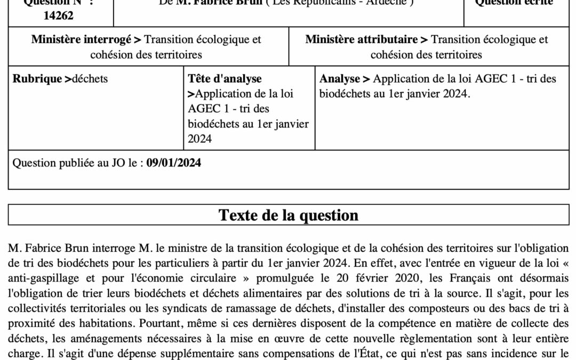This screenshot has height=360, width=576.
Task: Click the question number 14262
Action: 59,15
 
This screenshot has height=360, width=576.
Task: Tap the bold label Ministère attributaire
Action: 361,39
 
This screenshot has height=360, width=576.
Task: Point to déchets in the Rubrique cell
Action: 90,79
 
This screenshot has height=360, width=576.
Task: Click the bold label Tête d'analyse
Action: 225,79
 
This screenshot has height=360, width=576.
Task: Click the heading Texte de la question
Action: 289,215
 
